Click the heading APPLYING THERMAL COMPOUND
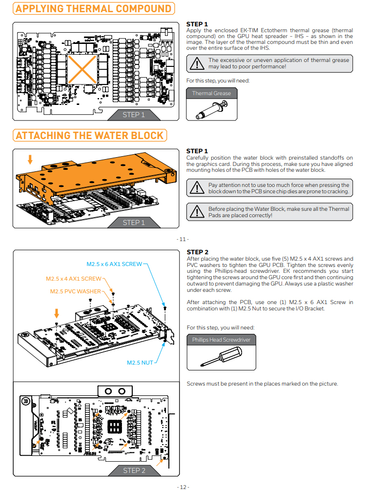(93, 9)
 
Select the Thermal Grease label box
(211, 93)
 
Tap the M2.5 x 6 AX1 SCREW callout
(114, 264)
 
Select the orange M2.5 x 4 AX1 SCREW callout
(74, 279)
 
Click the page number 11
(183, 239)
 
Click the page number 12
(183, 487)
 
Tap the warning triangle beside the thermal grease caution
(197, 63)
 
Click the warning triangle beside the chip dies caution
(197, 188)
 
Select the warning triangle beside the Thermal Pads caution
(197, 212)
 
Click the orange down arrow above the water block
(30, 159)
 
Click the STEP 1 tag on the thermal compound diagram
(134, 115)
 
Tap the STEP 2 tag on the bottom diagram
(134, 471)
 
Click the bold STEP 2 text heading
(198, 252)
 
